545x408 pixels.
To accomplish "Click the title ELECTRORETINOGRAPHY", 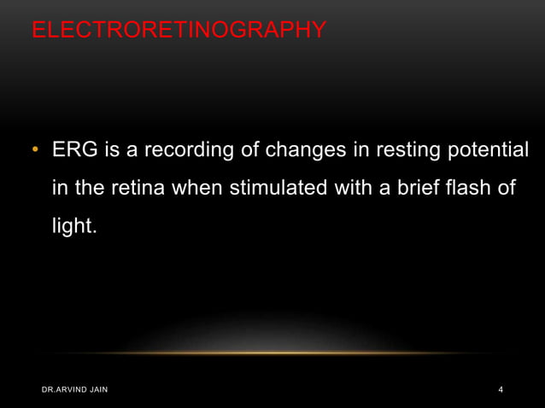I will coord(179,32).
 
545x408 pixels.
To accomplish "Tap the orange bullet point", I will coord(36,152).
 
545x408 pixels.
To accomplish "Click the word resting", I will coord(396,151).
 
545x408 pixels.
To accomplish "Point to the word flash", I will coord(472,189).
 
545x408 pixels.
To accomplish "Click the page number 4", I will coord(501,390).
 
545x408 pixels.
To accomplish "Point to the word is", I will coord(111,151).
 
